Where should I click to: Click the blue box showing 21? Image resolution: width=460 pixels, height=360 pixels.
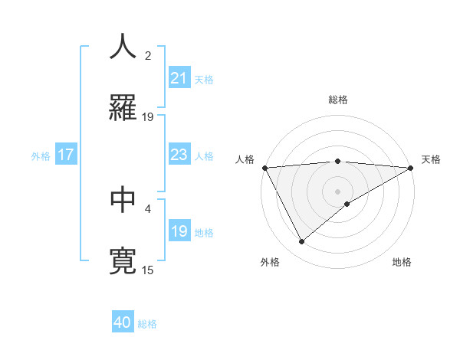point(179,78)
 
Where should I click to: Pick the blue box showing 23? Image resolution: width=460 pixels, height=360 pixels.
point(179,155)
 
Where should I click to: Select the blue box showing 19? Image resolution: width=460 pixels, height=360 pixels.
point(179,231)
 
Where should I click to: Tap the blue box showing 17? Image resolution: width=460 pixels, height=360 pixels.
point(65,155)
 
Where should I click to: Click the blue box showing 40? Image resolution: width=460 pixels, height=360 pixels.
point(123,322)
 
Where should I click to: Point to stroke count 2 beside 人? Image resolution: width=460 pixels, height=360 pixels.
point(149,56)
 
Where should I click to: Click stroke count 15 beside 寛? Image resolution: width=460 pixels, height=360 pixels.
point(149,270)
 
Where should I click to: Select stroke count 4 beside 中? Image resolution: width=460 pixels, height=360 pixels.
point(149,208)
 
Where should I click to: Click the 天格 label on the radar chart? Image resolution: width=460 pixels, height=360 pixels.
point(431,159)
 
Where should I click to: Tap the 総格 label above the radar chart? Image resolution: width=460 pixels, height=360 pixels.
point(337,100)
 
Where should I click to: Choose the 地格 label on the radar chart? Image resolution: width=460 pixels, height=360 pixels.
point(402,262)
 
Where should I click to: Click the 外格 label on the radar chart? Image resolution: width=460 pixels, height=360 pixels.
point(270,262)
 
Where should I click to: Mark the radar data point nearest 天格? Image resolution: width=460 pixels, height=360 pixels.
point(412,168)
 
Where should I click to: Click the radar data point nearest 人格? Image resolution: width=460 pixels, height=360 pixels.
point(264,168)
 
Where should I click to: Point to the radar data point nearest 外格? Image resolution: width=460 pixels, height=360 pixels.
point(301,242)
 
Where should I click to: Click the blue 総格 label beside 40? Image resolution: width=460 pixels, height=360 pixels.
point(147,324)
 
